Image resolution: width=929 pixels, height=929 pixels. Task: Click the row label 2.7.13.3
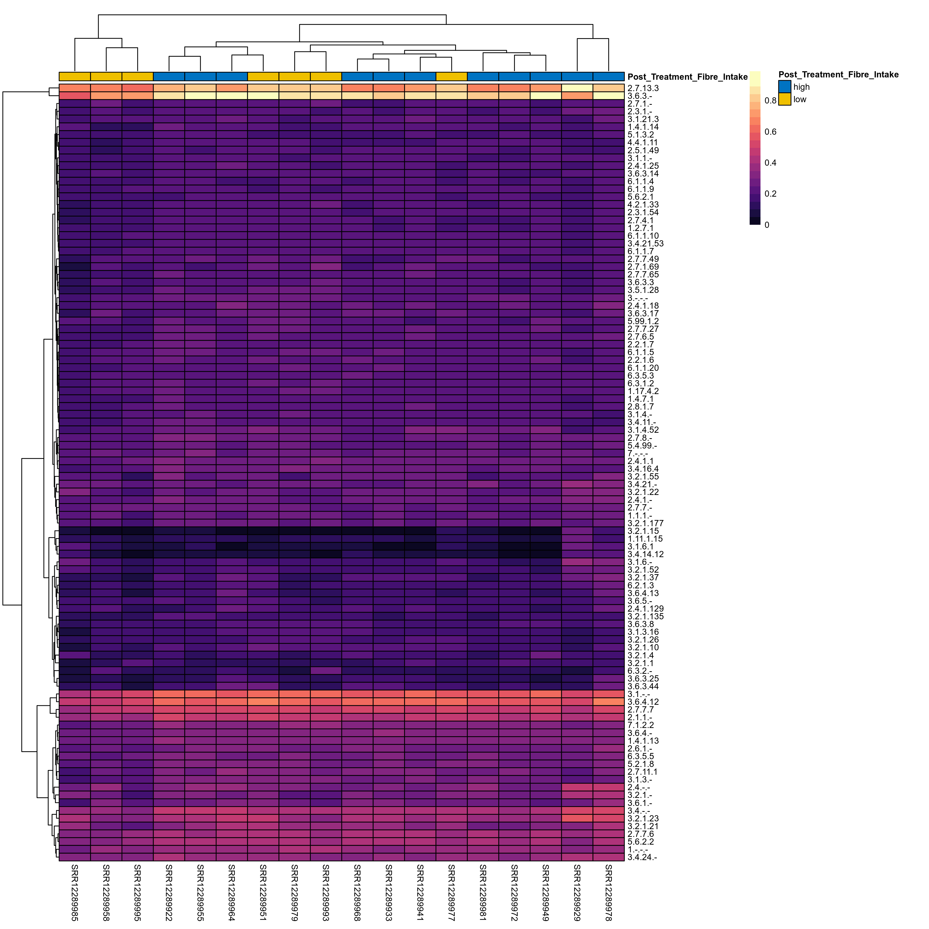point(643,89)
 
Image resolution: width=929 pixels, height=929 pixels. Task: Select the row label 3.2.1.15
point(643,531)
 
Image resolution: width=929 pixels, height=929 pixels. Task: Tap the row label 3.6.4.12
point(643,702)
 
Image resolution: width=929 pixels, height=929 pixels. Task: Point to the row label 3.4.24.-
point(642,857)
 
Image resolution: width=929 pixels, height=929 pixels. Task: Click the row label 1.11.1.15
point(645,539)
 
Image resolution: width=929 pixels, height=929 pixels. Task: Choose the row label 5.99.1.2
point(643,321)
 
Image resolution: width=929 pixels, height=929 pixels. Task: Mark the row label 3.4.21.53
point(645,244)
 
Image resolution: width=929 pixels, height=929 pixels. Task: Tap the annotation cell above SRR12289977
point(452,76)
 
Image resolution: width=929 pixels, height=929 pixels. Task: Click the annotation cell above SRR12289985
point(75,76)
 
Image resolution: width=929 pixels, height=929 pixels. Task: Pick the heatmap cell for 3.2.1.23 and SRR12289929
point(577,818)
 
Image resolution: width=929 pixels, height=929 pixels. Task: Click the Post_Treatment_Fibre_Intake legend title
point(838,75)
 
